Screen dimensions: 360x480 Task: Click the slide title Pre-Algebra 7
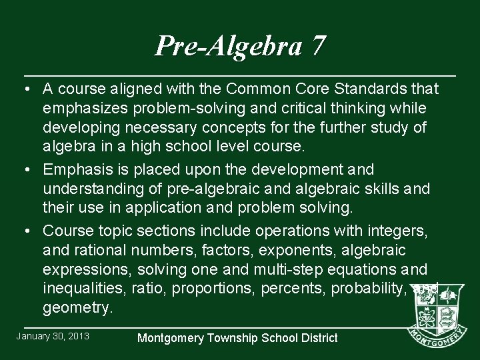(240, 46)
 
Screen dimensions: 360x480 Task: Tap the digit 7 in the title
(318, 46)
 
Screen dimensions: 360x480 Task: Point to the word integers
(400, 231)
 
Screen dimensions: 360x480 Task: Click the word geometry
(76, 307)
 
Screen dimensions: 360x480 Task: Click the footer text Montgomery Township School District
(237, 338)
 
